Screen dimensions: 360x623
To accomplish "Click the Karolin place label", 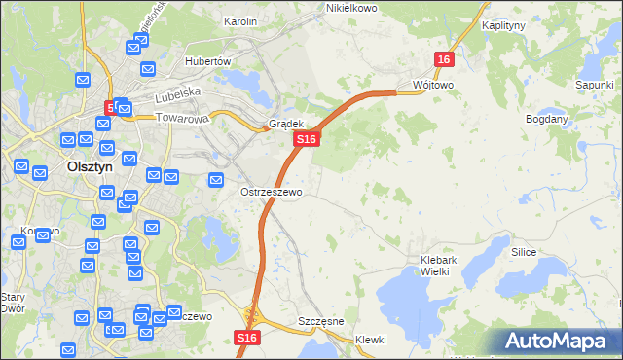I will [x=239, y=20].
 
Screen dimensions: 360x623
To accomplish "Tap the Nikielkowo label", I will [x=350, y=8].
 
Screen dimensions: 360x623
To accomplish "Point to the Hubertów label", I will [x=206, y=60].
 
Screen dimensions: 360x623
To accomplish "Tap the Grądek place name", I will [x=287, y=125].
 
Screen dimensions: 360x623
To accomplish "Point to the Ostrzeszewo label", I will [x=272, y=192].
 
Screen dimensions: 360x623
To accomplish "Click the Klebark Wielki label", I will [x=448, y=265].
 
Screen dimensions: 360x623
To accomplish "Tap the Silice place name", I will [x=524, y=251].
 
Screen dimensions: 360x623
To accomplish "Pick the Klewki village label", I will [x=371, y=340].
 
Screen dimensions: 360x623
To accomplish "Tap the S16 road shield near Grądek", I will [x=306, y=140].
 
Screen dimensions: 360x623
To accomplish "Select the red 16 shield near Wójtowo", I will [x=444, y=60].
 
